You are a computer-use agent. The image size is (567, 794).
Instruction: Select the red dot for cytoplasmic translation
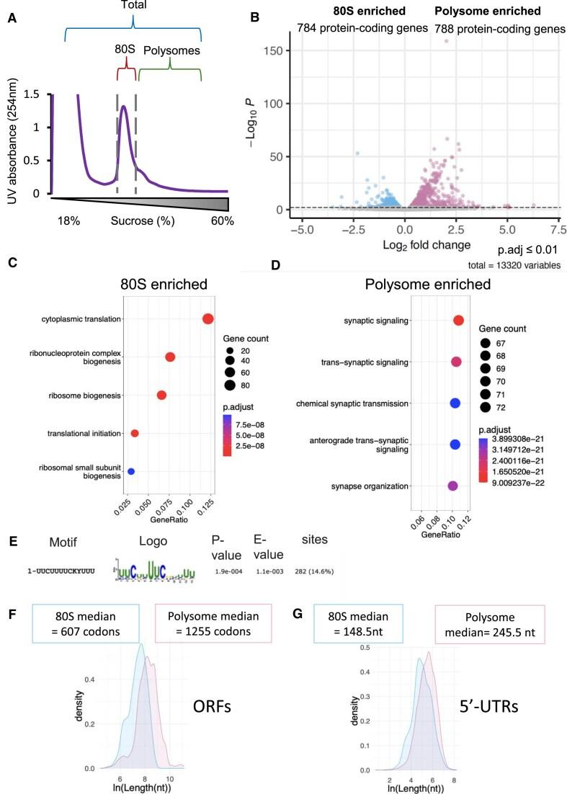pyautogui.click(x=208, y=319)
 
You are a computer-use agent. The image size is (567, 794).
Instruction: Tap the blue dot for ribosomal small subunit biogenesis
pyautogui.click(x=131, y=471)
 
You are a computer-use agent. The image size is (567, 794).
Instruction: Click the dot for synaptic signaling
pyautogui.click(x=458, y=321)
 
